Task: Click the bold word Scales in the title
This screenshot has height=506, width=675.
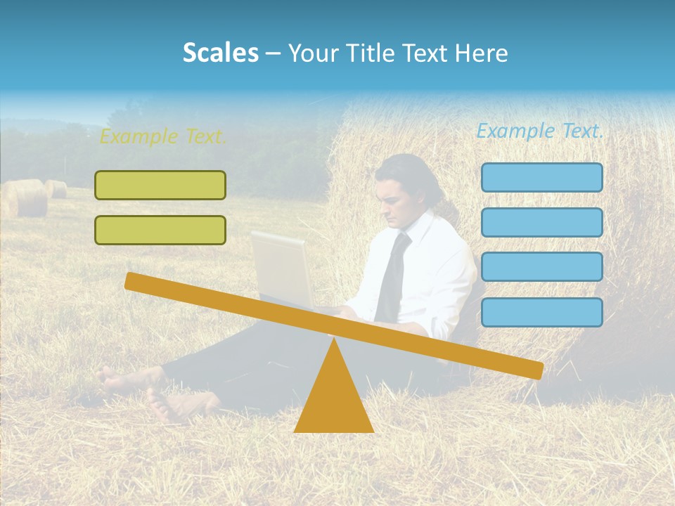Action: point(221,53)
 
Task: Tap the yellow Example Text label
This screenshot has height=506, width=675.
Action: point(162,136)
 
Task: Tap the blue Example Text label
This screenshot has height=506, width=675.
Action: point(539,131)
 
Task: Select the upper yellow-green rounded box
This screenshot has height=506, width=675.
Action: point(160,185)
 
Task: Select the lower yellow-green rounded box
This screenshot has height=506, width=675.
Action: point(160,230)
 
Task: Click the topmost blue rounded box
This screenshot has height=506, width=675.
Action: point(541,177)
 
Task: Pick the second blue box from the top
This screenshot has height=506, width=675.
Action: point(541,222)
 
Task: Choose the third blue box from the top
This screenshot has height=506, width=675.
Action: point(541,267)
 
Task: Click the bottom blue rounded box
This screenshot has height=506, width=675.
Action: point(541,312)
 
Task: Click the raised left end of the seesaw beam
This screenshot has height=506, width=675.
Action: point(134,282)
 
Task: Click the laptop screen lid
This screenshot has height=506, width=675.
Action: point(281,267)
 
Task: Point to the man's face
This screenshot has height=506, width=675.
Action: point(394,200)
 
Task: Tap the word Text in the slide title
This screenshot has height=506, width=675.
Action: point(426,53)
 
